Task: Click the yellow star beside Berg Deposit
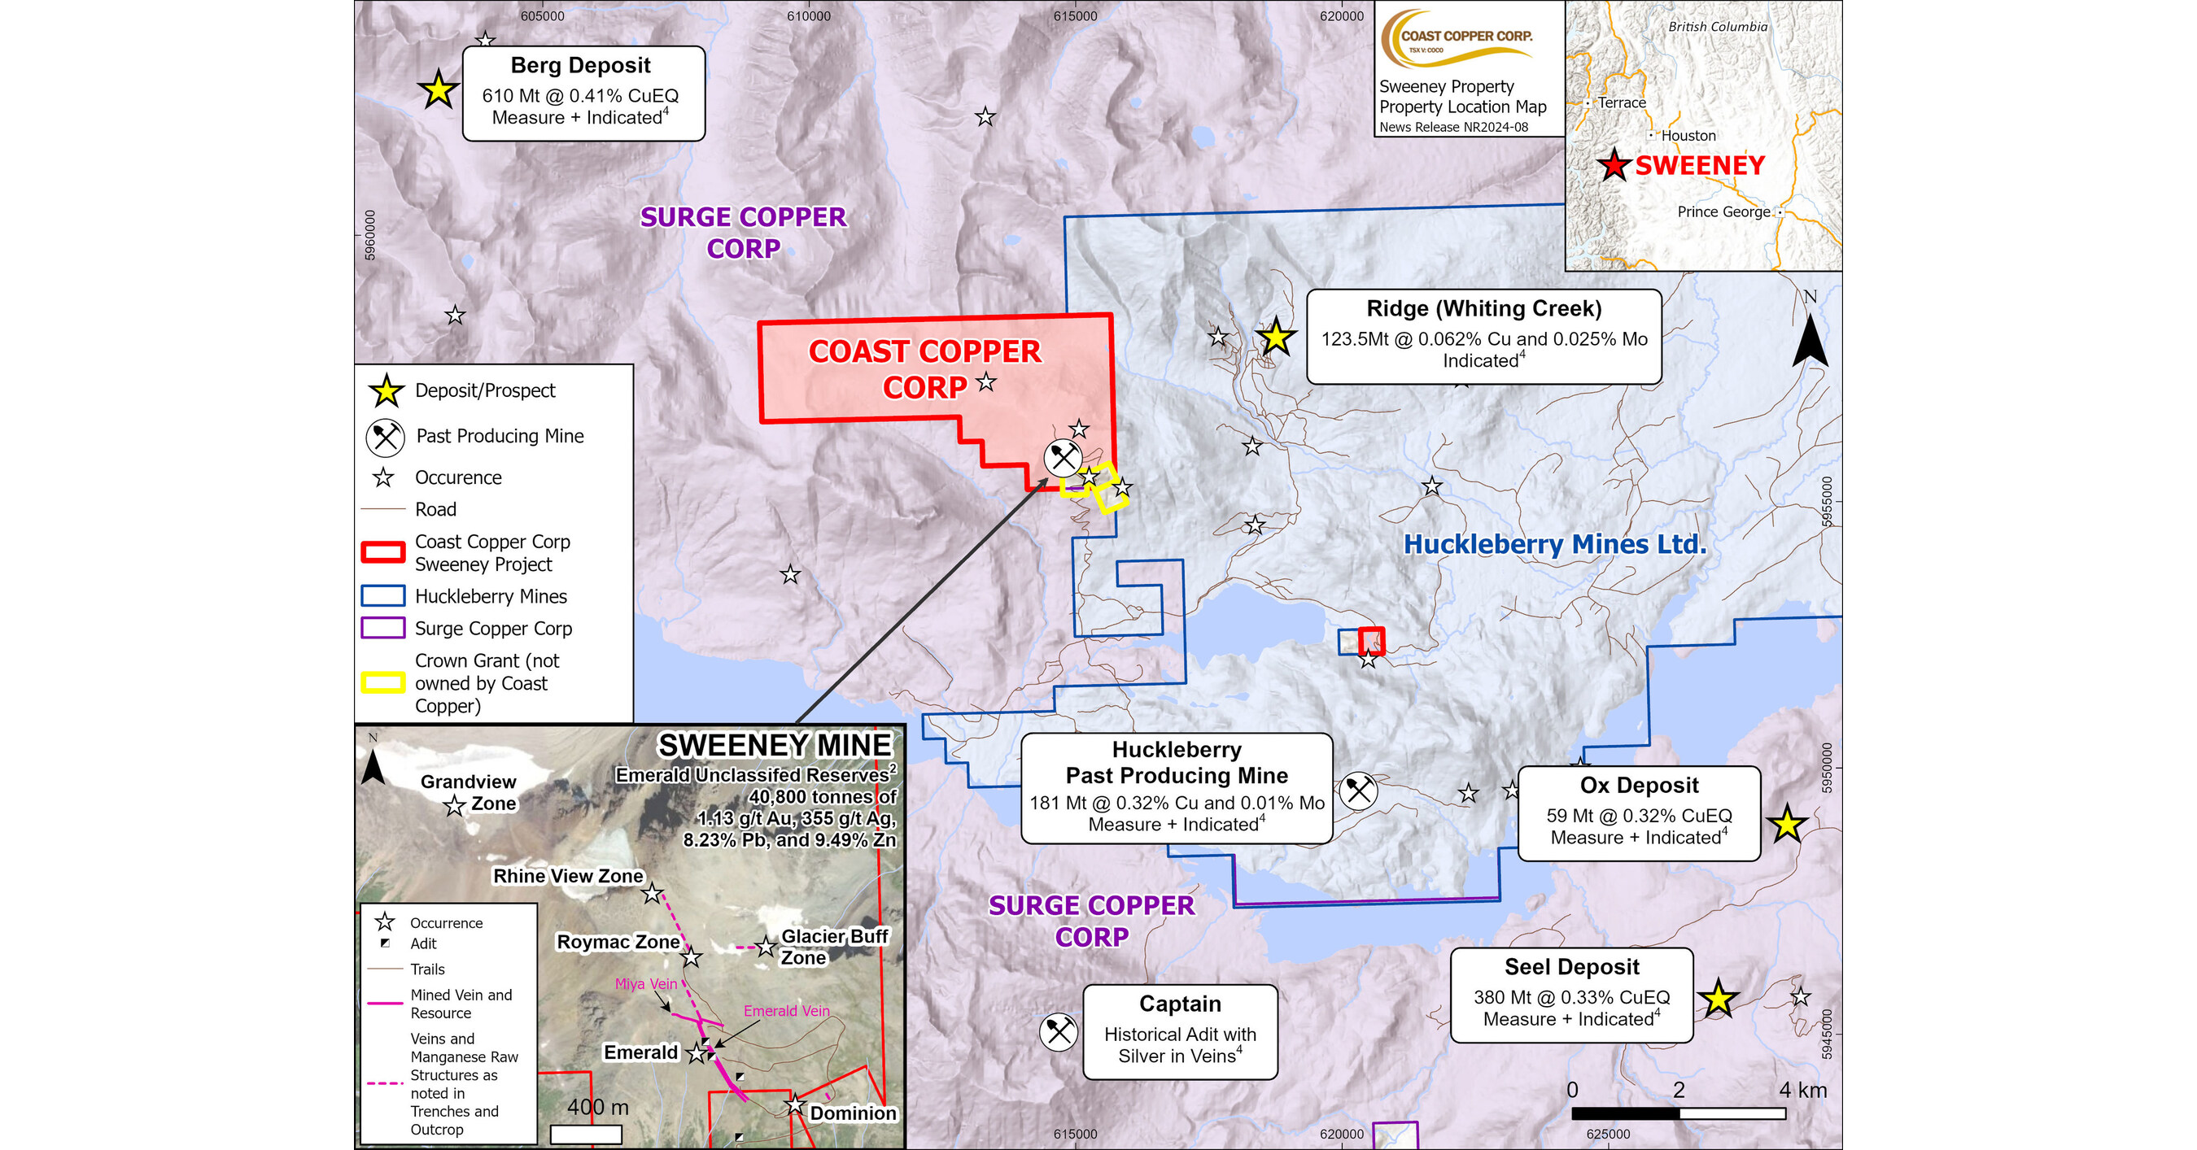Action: point(439,89)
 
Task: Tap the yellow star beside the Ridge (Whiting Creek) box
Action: point(1276,338)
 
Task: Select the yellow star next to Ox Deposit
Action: point(1787,825)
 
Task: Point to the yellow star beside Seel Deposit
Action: point(1718,999)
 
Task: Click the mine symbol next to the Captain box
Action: point(1059,1032)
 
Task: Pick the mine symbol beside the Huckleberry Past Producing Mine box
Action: point(1358,791)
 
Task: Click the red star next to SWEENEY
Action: point(1614,165)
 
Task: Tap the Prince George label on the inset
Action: point(1723,211)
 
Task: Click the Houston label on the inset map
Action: point(1688,136)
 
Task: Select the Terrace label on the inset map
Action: point(1622,103)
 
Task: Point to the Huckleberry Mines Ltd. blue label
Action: point(1555,544)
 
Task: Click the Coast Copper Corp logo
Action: point(1466,39)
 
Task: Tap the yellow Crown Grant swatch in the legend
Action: point(383,683)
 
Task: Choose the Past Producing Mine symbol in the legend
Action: point(386,438)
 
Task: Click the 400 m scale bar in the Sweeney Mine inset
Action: point(586,1135)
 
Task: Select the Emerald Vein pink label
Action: point(786,1011)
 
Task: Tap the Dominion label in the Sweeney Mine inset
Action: point(853,1113)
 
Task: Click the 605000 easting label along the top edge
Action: point(543,16)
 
